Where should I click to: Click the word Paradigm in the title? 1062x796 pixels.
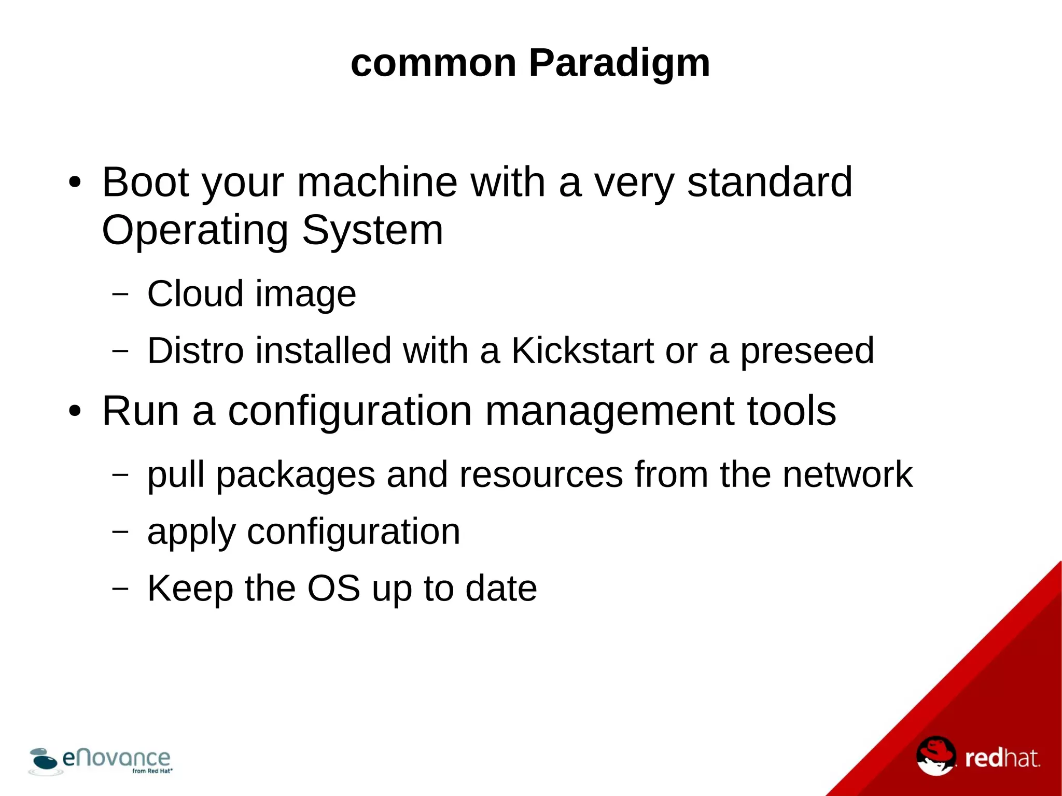(x=619, y=64)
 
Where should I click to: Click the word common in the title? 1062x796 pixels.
(x=434, y=64)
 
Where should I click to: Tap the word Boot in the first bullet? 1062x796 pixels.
(x=146, y=182)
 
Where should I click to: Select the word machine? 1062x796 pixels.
(x=377, y=182)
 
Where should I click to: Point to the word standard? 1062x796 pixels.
(x=770, y=182)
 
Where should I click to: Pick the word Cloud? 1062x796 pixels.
(x=195, y=294)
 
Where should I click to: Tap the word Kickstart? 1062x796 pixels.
(x=583, y=351)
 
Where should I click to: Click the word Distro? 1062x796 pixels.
(x=195, y=351)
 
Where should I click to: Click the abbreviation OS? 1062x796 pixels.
(x=333, y=589)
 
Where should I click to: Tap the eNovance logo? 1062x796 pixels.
(x=101, y=761)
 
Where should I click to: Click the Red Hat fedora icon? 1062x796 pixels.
(x=936, y=756)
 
